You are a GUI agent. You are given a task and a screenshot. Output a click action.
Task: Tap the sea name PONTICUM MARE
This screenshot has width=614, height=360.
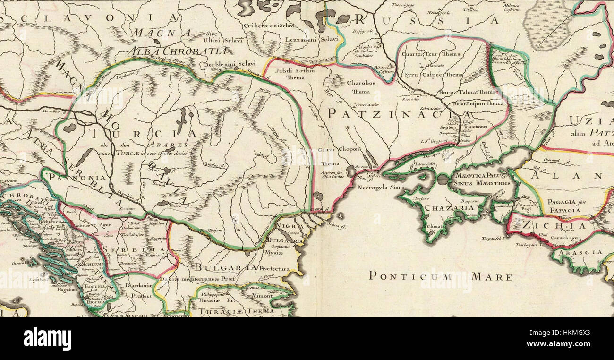point(440,276)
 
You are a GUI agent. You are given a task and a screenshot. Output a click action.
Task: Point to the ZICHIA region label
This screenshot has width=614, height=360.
point(553,226)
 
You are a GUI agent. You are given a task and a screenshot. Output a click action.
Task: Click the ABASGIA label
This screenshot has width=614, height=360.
point(580,252)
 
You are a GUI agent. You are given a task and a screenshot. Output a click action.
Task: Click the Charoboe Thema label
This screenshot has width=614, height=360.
point(361,87)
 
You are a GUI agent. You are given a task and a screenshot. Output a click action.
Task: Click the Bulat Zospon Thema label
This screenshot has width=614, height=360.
point(478,103)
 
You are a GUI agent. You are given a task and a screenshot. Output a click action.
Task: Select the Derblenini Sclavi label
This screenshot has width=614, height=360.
point(223,64)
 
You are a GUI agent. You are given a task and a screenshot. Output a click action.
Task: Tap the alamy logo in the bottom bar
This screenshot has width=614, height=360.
point(47,339)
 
